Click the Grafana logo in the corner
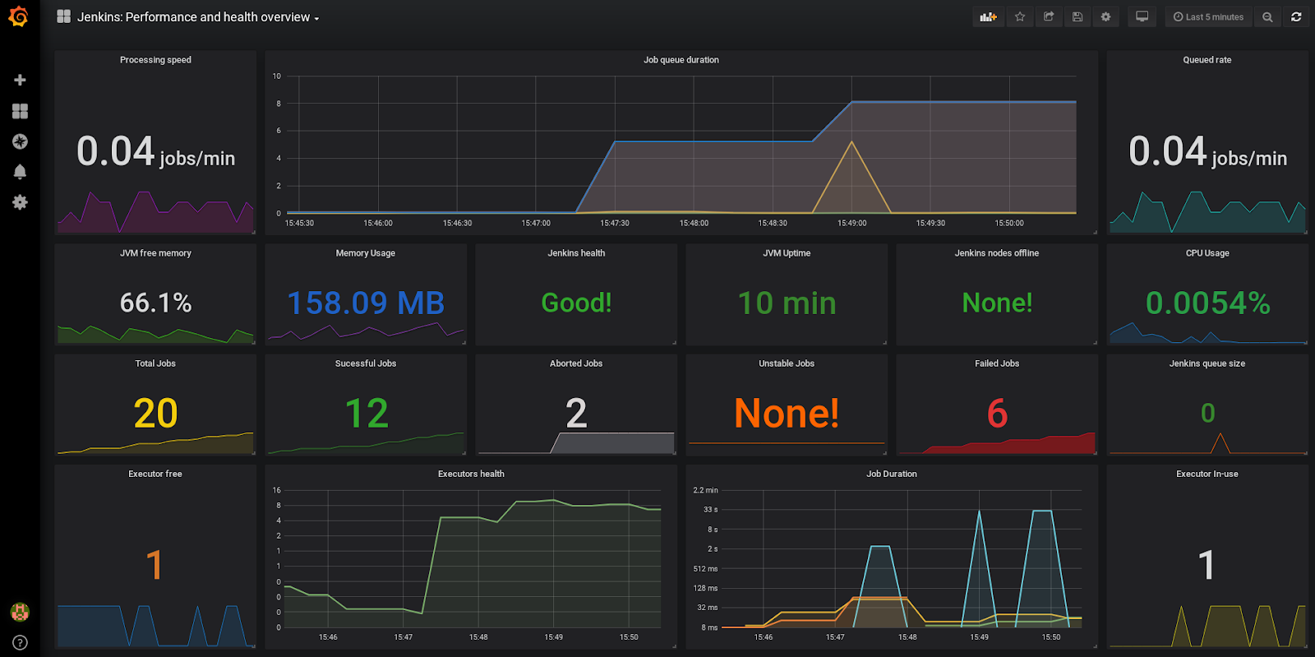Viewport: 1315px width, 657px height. tap(18, 16)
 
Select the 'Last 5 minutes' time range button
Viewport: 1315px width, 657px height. tap(1208, 16)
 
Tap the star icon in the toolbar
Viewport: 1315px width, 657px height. tap(1020, 16)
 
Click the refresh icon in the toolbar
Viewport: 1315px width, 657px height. tap(1296, 16)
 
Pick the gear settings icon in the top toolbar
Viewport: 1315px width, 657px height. tap(1105, 16)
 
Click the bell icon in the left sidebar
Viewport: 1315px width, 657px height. tap(20, 171)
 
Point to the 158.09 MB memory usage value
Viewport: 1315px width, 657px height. tap(366, 303)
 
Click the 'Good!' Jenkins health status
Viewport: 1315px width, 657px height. tap(576, 303)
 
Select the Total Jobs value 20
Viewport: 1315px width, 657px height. tap(155, 413)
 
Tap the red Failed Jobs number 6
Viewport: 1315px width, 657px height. tap(997, 413)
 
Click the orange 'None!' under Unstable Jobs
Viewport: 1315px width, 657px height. tap(787, 413)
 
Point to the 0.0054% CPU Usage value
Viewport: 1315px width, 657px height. tap(1207, 303)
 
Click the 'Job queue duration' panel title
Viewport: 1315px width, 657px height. tap(681, 60)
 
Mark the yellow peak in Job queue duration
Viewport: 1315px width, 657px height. tap(851, 143)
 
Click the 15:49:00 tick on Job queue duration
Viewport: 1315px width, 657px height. tap(851, 223)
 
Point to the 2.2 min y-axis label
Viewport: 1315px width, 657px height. tap(705, 490)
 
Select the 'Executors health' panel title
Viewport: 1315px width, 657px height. tap(471, 474)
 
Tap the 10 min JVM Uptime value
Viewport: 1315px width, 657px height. tap(787, 303)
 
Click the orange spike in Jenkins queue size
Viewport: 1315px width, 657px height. tap(1220, 436)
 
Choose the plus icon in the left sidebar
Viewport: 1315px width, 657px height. tap(20, 80)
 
